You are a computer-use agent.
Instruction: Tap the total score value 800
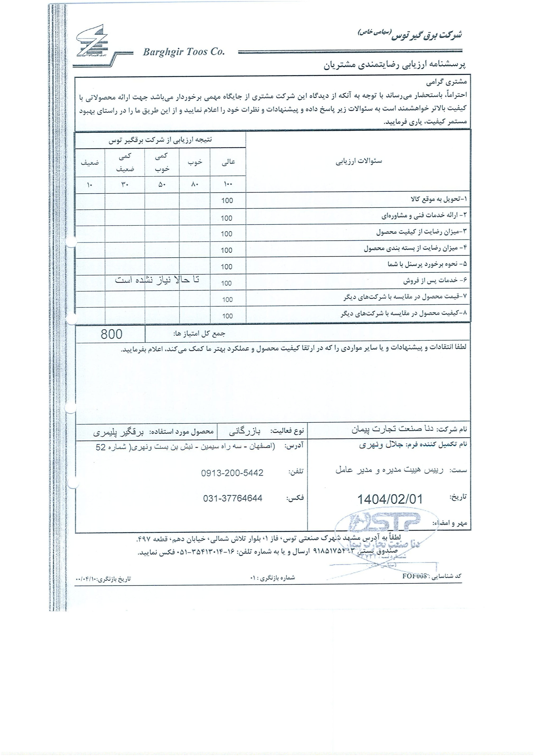coord(111,334)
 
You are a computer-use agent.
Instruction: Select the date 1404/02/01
coord(389,499)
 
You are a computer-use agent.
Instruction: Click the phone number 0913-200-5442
coord(232,473)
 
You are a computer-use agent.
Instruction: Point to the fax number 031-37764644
coord(232,498)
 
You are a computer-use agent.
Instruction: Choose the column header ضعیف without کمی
coord(90,162)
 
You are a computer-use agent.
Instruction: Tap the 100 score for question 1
coord(227,200)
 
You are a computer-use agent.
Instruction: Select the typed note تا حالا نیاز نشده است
coord(157,280)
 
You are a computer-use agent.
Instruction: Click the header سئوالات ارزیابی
coord(359,162)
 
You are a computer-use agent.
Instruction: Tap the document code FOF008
coord(415,576)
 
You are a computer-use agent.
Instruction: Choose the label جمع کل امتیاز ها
coord(199,334)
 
